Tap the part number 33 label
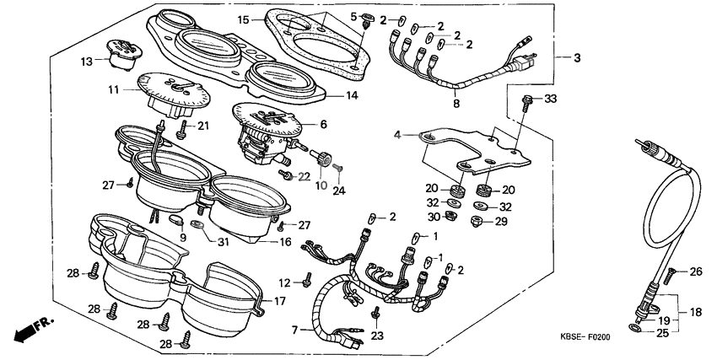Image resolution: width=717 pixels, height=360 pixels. coord(550,99)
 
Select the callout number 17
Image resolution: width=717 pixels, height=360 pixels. coord(278,301)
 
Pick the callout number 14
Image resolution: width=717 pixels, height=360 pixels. coord(351,95)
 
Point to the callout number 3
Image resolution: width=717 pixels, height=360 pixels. coord(577,57)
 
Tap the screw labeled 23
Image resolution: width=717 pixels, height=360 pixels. coord(376,314)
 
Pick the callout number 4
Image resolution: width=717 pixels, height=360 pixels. coord(397,133)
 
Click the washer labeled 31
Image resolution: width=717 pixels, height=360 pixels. coord(198,225)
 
